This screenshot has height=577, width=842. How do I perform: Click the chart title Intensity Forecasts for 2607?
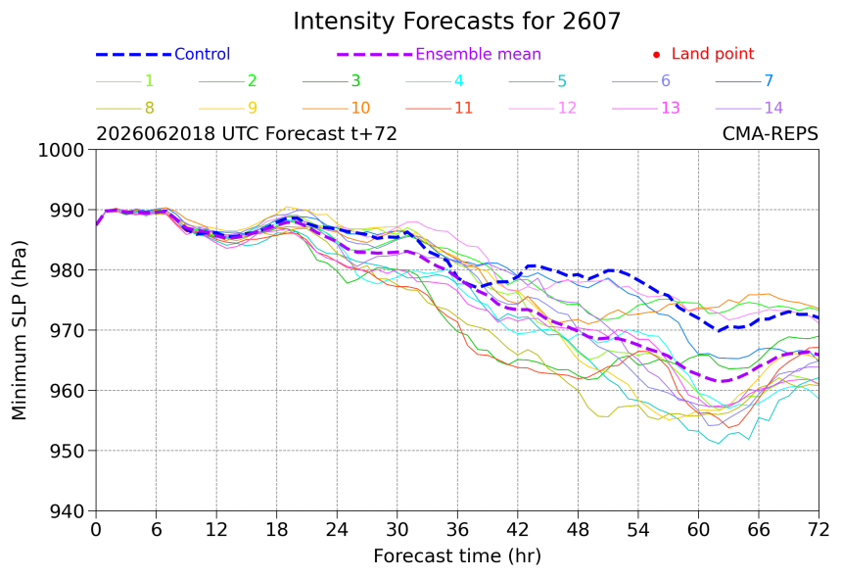[x=456, y=22]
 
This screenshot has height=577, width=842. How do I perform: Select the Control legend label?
[x=202, y=54]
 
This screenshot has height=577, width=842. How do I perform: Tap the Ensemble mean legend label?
[x=478, y=54]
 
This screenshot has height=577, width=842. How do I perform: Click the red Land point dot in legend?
[x=656, y=55]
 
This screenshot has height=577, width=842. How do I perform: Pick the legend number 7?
[x=769, y=80]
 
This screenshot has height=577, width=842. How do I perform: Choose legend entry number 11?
[x=463, y=108]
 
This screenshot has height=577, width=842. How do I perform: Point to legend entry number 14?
[x=773, y=108]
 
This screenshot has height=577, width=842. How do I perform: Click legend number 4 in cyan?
[x=458, y=80]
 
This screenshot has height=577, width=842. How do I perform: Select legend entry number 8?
[x=149, y=108]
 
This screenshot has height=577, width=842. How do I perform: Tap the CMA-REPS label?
[x=771, y=133]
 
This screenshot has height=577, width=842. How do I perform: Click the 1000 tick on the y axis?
[x=62, y=151]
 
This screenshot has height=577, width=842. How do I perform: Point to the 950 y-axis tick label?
[x=67, y=451]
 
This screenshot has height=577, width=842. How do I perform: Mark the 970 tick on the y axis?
[x=67, y=330]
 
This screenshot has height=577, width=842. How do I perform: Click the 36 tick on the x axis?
[x=457, y=530]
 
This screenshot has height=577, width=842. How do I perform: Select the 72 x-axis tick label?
[x=819, y=530]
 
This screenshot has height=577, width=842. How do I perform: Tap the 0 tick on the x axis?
[x=96, y=530]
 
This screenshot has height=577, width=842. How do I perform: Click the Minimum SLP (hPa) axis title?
[x=19, y=330]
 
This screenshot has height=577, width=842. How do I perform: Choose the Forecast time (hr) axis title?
[x=457, y=556]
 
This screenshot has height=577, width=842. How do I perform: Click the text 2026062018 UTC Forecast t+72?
[x=247, y=133]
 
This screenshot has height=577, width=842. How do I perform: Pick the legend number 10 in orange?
[x=360, y=108]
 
